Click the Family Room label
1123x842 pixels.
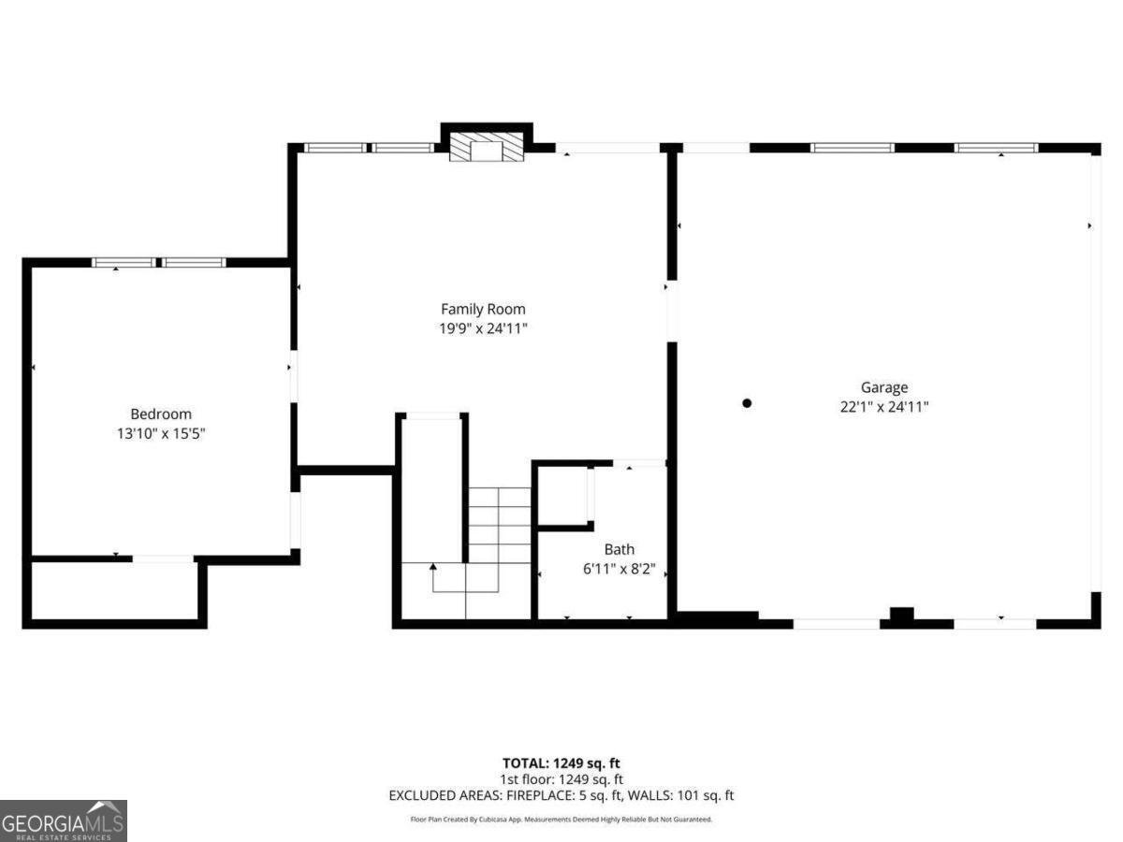(x=483, y=309)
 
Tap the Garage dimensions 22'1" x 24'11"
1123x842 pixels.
(x=884, y=407)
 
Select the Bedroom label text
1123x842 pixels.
(x=161, y=414)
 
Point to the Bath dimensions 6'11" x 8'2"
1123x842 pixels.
(x=620, y=569)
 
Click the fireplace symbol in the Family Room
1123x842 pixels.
(x=487, y=147)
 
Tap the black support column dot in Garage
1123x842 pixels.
(x=747, y=403)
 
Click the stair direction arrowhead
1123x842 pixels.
(x=433, y=566)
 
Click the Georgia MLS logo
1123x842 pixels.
(x=64, y=821)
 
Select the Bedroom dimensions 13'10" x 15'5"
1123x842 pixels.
(x=161, y=433)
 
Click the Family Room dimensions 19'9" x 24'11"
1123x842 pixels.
(x=483, y=328)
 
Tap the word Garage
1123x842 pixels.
(x=884, y=387)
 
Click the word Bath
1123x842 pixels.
(x=620, y=549)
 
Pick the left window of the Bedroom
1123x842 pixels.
(x=124, y=262)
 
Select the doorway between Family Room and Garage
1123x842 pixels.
(x=672, y=311)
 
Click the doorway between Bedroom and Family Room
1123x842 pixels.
(x=293, y=376)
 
